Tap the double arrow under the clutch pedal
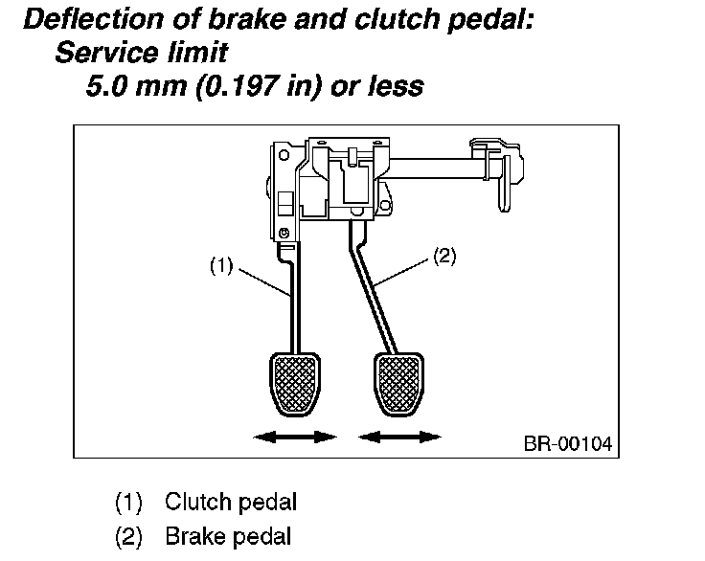pos(294,437)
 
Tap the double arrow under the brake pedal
pos(400,437)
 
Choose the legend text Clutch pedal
pos(230,502)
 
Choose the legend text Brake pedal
pos(228,537)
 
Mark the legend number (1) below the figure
pos(128,502)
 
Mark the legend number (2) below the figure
pos(128,537)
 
